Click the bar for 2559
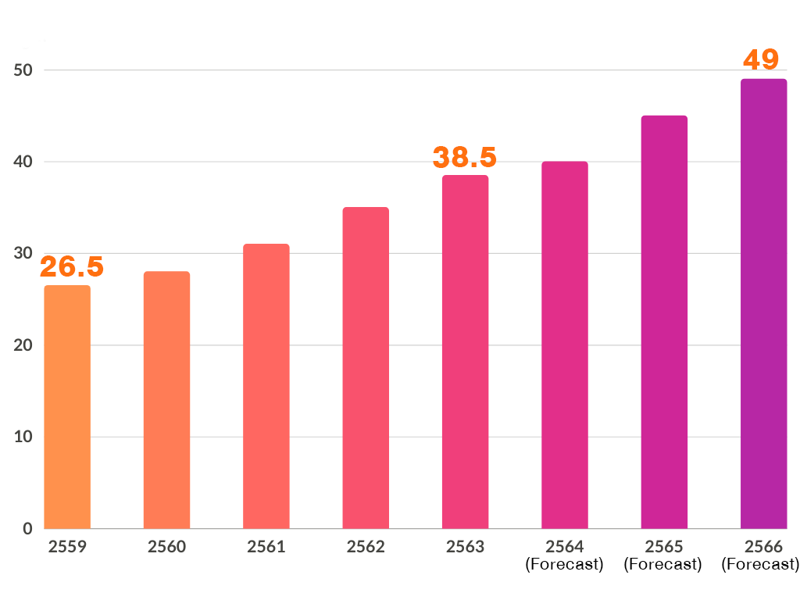coord(67,406)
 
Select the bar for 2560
coord(166,399)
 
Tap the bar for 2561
coord(266,386)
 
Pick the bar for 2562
coord(366,367)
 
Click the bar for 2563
coord(465,352)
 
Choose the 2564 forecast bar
coord(565,345)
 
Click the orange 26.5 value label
coord(72,267)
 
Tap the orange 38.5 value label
coord(465,157)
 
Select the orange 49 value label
coord(760,60)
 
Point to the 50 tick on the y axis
coord(23,70)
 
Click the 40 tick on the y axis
coord(23,162)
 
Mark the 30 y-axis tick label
coord(23,254)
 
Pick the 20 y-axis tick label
coord(23,345)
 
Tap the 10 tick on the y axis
coord(23,437)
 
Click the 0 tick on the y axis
coord(27,529)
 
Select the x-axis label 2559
coord(67,547)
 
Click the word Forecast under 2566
coord(760,564)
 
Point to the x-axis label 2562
coord(366,547)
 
